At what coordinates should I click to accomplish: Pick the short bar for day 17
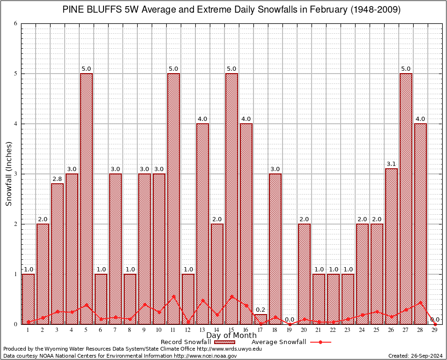(x=261, y=319)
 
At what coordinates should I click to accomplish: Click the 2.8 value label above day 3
(x=57, y=179)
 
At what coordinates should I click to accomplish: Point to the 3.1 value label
(x=391, y=164)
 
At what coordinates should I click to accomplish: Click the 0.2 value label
(x=261, y=309)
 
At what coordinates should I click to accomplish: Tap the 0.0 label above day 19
(x=290, y=319)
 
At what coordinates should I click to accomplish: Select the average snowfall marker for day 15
(x=231, y=296)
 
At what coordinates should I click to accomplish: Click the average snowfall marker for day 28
(x=420, y=302)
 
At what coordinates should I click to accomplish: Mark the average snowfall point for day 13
(x=202, y=300)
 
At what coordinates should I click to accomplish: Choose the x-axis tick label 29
(x=435, y=330)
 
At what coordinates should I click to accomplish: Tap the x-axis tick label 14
(x=217, y=330)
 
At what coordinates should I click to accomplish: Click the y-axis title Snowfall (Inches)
(x=8, y=173)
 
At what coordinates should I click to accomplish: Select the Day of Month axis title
(x=231, y=336)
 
